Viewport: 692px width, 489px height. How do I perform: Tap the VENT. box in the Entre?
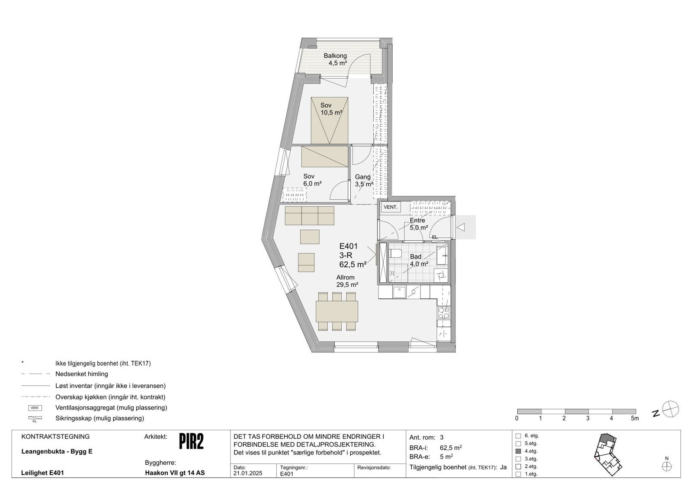pyautogui.click(x=390, y=208)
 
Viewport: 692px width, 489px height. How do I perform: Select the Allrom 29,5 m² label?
pyautogui.click(x=346, y=281)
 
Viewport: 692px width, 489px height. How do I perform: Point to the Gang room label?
pyautogui.click(x=363, y=177)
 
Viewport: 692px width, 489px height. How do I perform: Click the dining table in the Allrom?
pyautogui.click(x=337, y=310)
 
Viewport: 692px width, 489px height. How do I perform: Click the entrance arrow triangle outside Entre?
pyautogui.click(x=461, y=227)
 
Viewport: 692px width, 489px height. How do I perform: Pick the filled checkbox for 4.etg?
pyautogui.click(x=519, y=451)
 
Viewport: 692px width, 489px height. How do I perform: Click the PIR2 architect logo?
pyautogui.click(x=191, y=441)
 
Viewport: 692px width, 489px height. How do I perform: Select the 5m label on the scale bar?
pyautogui.click(x=634, y=419)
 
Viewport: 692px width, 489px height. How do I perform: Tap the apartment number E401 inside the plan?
pyautogui.click(x=348, y=247)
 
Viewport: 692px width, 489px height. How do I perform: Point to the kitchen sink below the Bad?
pyautogui.click(x=399, y=293)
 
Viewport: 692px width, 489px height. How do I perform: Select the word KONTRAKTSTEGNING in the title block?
pyautogui.click(x=55, y=437)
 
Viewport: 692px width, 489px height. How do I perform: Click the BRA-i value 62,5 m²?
pyautogui.click(x=452, y=447)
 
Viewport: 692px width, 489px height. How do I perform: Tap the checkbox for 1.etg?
pyautogui.click(x=519, y=474)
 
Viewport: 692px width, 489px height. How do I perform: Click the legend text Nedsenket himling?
pyautogui.click(x=82, y=374)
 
